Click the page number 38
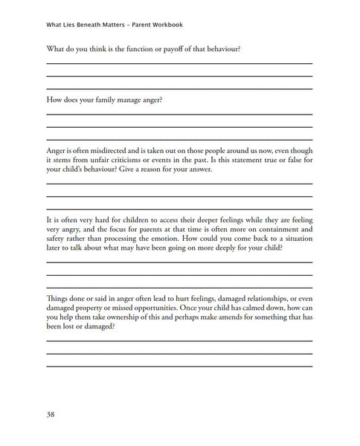(51, 413)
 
